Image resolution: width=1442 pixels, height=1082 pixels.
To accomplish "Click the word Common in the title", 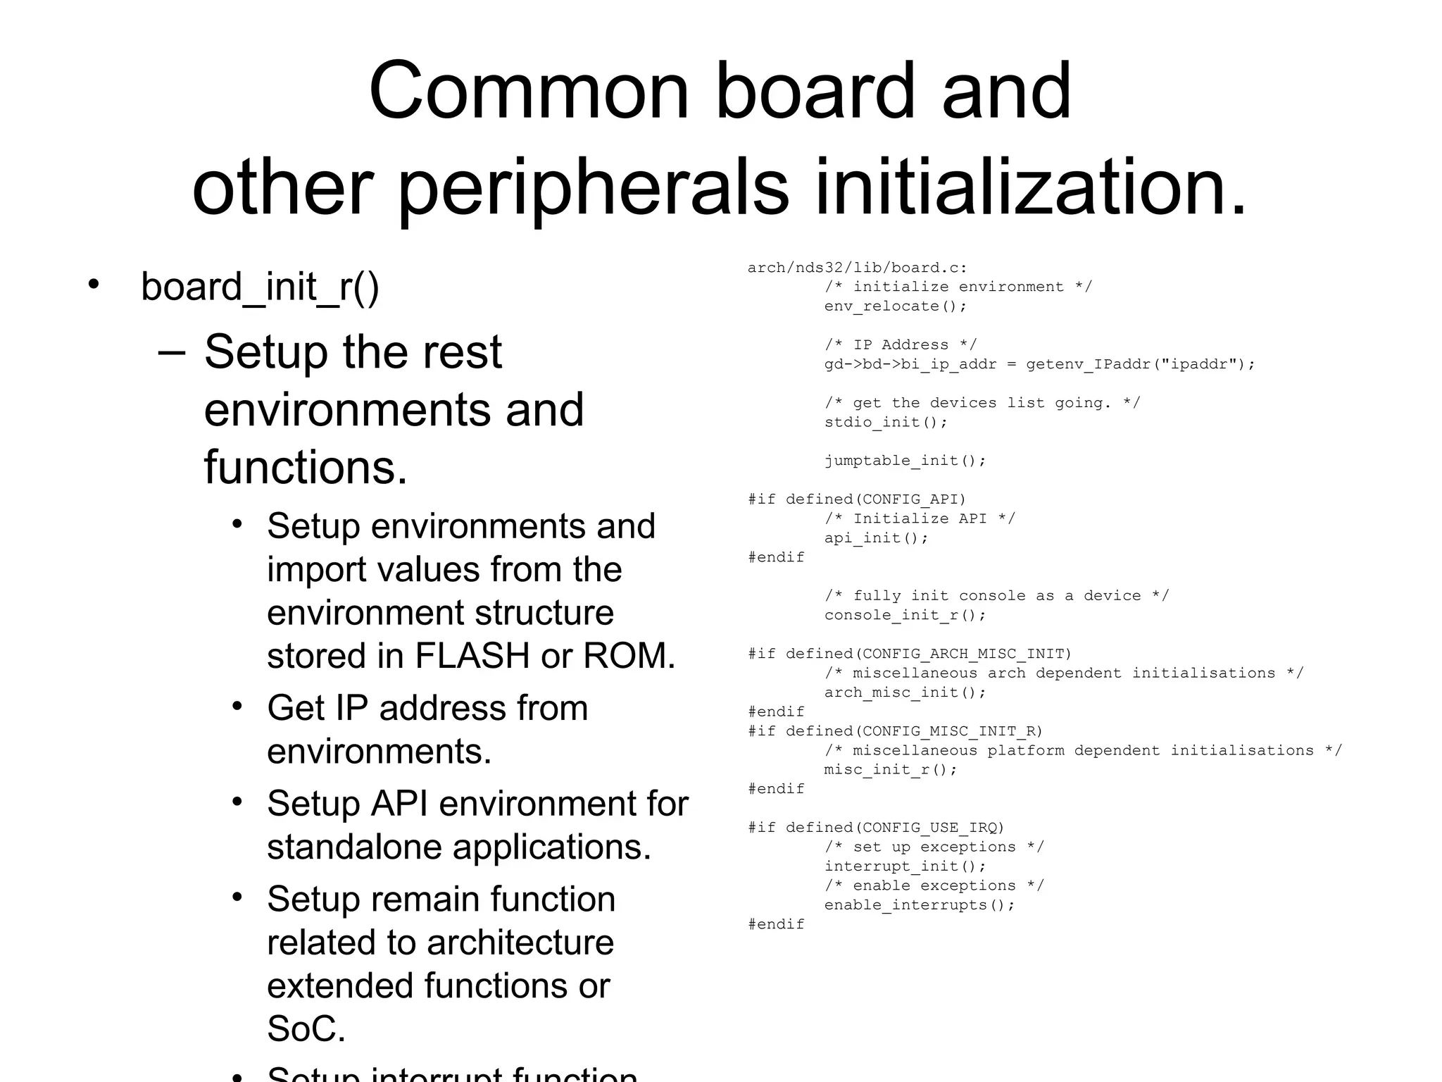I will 528,92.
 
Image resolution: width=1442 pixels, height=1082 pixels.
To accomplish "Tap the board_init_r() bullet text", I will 260,287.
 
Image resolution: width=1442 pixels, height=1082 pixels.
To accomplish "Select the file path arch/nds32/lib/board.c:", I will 857,268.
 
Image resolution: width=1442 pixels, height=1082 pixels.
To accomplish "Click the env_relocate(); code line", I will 895,306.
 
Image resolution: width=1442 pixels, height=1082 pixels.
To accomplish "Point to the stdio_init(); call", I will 886,423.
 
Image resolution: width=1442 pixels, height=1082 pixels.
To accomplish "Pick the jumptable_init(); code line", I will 905,461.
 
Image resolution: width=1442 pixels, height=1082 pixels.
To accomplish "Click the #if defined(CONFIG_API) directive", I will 856,499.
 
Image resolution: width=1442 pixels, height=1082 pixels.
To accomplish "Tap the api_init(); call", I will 876,538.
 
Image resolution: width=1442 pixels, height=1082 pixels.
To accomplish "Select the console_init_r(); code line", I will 905,615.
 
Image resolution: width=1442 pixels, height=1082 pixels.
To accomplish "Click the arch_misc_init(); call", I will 905,692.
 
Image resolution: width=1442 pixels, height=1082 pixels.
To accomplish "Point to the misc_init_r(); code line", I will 890,769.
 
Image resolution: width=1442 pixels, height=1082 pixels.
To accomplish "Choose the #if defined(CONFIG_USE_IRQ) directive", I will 875,828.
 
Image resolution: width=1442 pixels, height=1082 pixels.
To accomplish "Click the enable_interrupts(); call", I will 919,905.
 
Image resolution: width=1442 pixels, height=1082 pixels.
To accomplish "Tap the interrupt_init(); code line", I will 905,866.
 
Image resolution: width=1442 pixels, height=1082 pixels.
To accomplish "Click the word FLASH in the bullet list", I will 472,656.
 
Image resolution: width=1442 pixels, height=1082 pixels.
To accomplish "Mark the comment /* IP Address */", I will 900,345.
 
